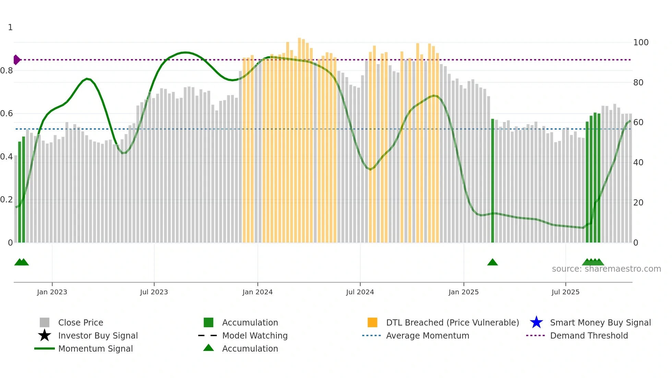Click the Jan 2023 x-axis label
[x=52, y=292]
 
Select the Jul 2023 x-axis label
[x=154, y=292]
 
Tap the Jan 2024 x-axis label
[x=257, y=292]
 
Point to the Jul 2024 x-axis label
[x=360, y=292]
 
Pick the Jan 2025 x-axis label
[x=464, y=292]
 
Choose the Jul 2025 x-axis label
[x=565, y=292]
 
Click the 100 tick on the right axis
[x=641, y=43]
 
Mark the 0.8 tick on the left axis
[x=7, y=71]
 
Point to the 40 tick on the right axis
[x=638, y=163]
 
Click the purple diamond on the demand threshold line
[x=16, y=60]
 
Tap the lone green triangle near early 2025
[x=492, y=262]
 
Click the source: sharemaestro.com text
[x=606, y=269]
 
